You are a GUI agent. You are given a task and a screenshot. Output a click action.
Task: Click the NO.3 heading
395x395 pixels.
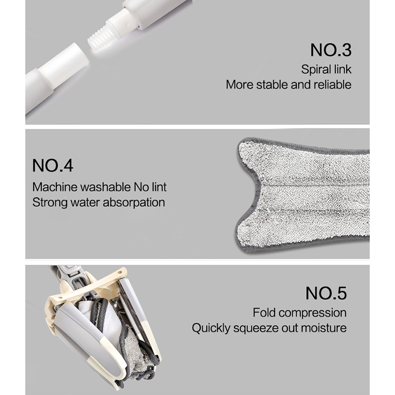pyautogui.click(x=330, y=50)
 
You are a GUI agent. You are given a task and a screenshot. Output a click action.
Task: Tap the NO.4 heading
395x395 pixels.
pyautogui.click(x=53, y=165)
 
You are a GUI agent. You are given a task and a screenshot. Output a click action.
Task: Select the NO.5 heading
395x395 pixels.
pyautogui.click(x=326, y=293)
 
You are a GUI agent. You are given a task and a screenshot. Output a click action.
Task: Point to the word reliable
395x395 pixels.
pyautogui.click(x=332, y=84)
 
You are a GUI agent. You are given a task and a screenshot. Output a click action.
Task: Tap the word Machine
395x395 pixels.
pyautogui.click(x=55, y=187)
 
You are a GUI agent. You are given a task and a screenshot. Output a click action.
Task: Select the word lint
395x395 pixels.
pyautogui.click(x=159, y=187)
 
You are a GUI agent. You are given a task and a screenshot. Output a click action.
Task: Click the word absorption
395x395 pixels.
pyautogui.click(x=134, y=203)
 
